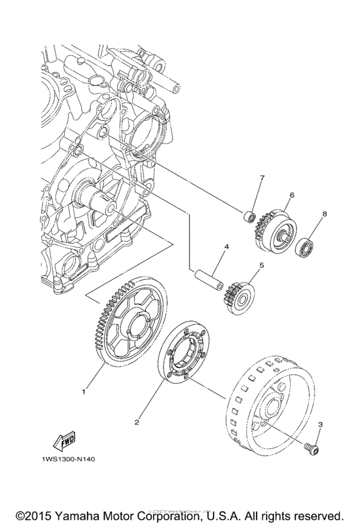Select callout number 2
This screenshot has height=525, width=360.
coord(137,423)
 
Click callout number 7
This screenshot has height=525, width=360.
coord(262,177)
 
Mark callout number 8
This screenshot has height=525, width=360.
coord(325,213)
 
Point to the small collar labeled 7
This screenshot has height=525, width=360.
coord(250,214)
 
